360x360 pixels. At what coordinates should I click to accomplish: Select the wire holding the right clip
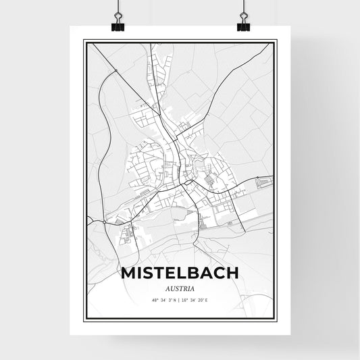coord(243,8)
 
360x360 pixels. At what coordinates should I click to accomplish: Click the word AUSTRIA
coord(180,288)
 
